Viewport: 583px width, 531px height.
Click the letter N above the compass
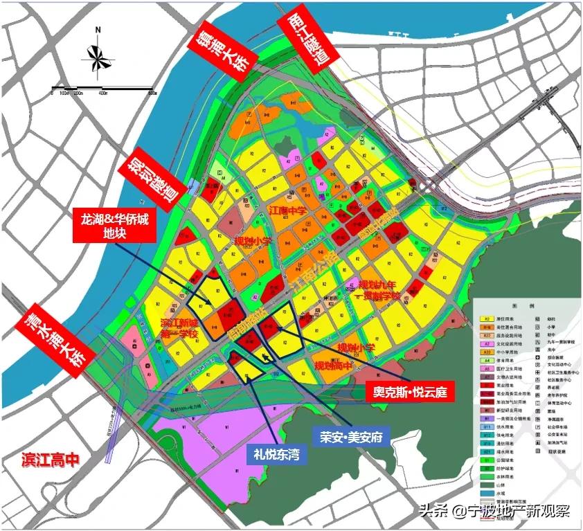98,30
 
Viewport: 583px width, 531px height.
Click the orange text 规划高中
337,365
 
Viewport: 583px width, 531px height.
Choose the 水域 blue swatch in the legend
487,501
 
